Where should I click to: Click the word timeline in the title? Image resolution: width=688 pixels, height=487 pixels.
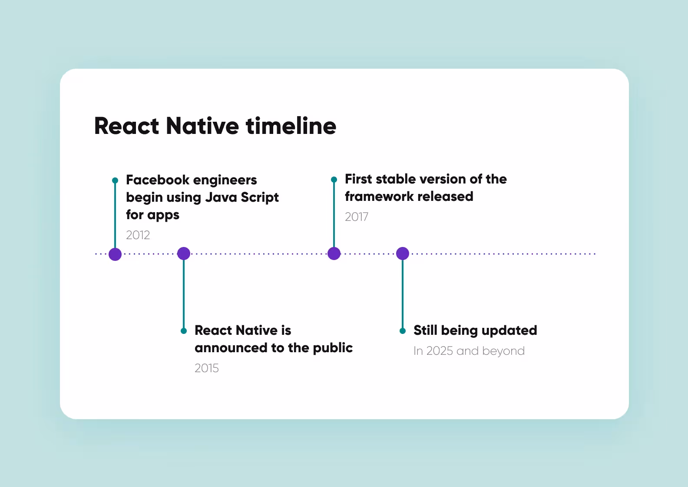291,126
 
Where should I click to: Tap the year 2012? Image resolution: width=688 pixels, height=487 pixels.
138,235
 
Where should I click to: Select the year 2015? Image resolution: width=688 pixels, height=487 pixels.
206,368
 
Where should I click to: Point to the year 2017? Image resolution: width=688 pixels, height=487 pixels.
356,217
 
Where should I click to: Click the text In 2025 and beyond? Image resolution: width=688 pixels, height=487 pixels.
469,351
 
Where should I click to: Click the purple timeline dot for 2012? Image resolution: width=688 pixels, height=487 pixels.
115,254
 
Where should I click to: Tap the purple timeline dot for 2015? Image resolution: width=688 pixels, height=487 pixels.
184,254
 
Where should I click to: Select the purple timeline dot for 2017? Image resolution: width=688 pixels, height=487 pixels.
334,254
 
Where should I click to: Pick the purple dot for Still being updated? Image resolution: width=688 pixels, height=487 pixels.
403,254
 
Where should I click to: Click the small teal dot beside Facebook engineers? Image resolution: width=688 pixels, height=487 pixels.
115,180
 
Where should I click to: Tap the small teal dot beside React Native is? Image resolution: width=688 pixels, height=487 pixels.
184,331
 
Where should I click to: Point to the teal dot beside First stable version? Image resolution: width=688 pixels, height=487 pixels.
334,180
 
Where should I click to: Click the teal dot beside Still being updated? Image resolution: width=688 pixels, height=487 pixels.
403,331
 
